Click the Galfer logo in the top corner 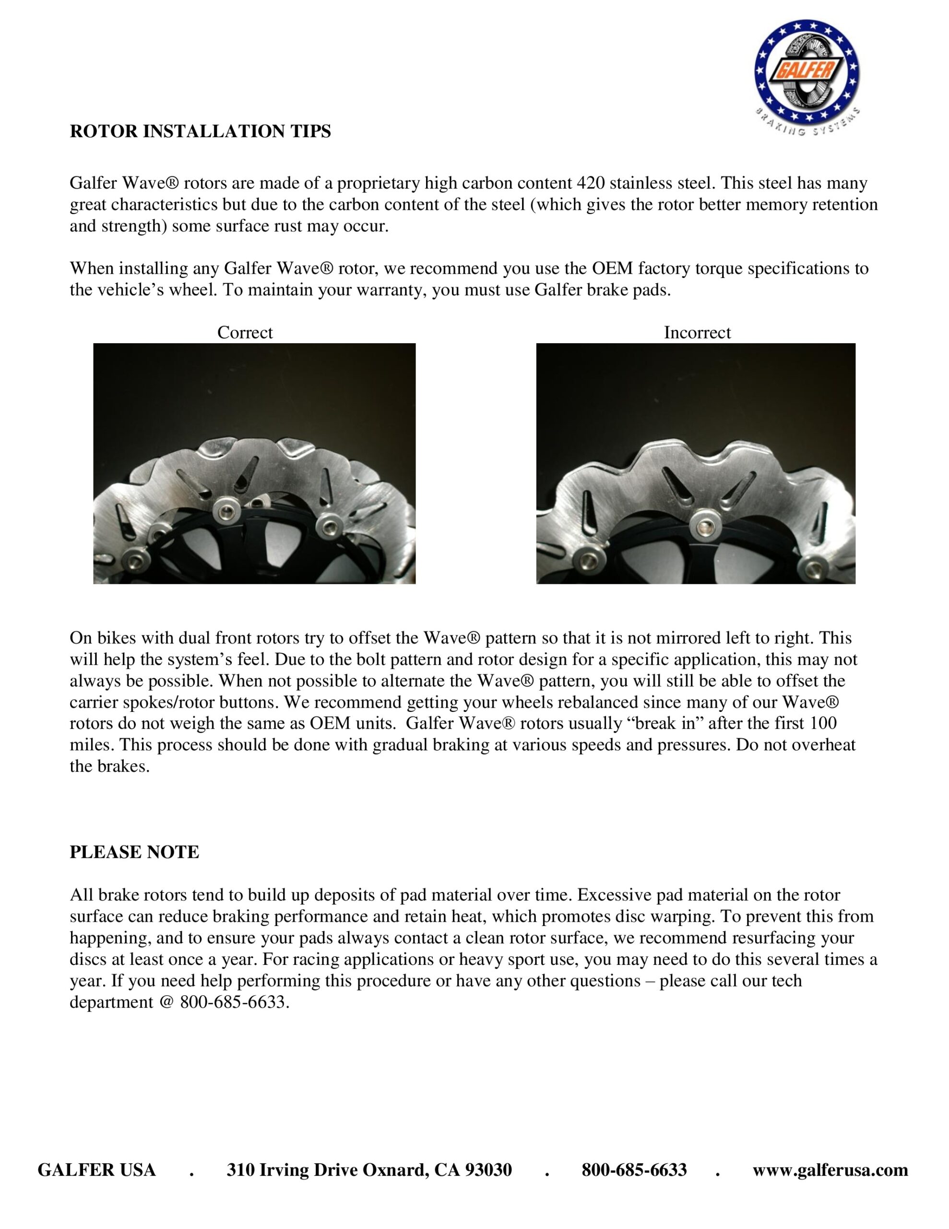pos(806,74)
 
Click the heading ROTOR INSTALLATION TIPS pos(200,131)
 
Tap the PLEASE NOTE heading pos(134,852)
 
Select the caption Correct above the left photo pos(245,333)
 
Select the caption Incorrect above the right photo pos(697,333)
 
